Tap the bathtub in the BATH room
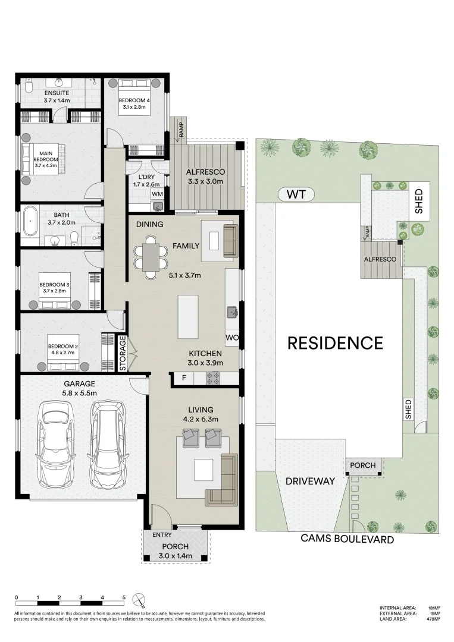(30, 224)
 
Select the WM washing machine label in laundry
(157, 194)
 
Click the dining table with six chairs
(151, 257)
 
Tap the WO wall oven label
(231, 338)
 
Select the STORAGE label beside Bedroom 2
(123, 354)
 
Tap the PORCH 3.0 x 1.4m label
(175, 551)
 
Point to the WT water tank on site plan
(296, 194)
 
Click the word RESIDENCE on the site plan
(335, 343)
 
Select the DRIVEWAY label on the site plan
(309, 481)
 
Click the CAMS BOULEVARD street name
(347, 540)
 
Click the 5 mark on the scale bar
(124, 597)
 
